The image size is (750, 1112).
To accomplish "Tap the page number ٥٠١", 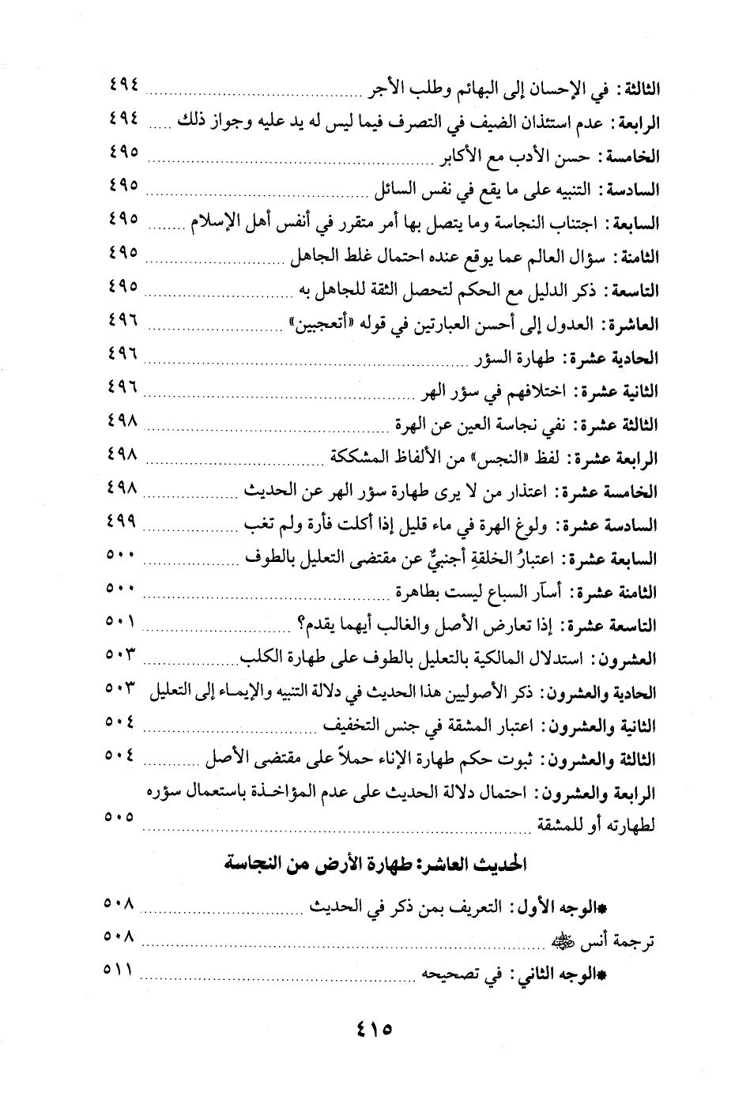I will click(x=120, y=621).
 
